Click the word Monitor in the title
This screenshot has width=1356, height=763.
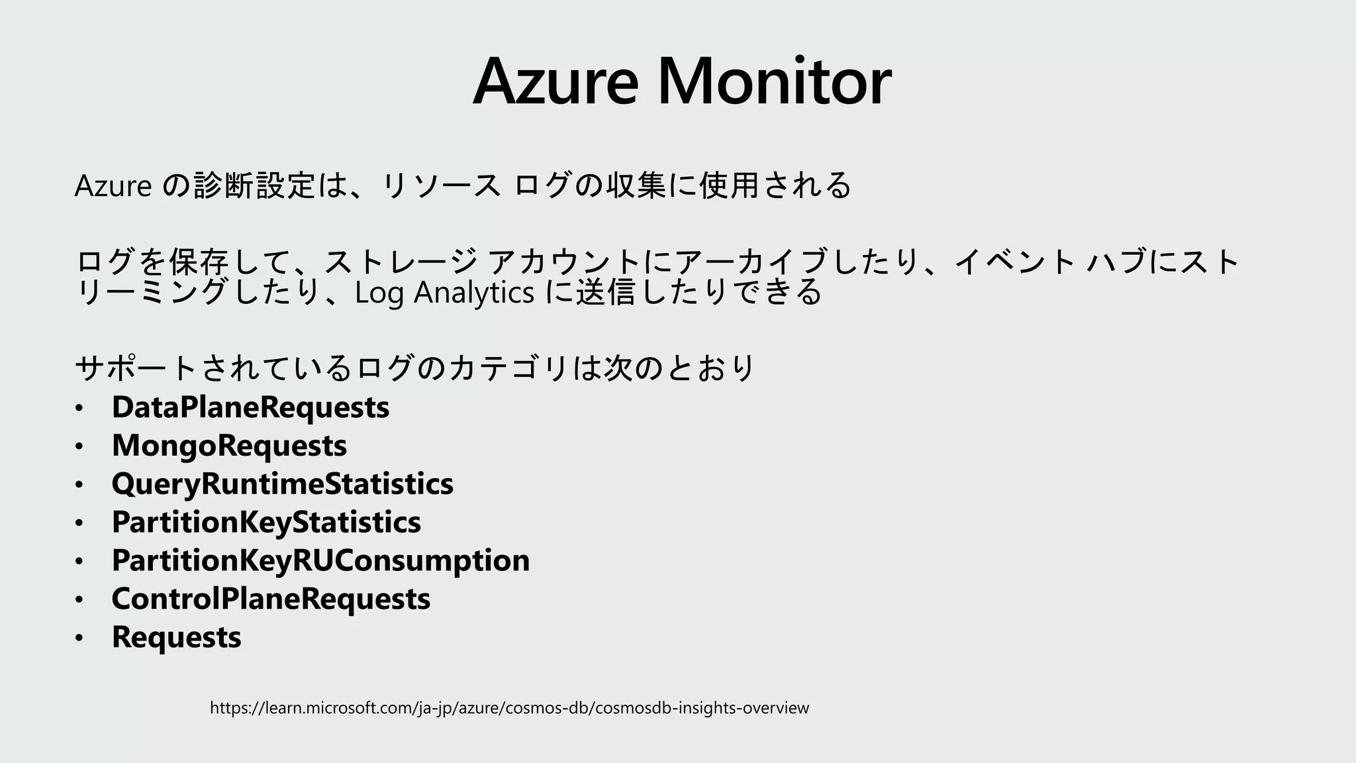pos(774,82)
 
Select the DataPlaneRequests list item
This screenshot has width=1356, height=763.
pos(250,407)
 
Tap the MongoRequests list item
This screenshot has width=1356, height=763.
pos(229,445)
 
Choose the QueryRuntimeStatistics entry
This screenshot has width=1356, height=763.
pos(282,483)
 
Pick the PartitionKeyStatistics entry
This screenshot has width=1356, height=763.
pos(266,522)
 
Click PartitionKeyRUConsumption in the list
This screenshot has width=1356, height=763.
pos(320,560)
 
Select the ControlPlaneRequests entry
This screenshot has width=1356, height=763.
pos(271,599)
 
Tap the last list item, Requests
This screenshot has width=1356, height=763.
pos(176,637)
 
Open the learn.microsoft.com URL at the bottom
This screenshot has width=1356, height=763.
pos(509,708)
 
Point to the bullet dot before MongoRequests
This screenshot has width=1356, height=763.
pos(79,447)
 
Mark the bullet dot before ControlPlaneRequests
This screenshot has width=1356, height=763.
pos(79,601)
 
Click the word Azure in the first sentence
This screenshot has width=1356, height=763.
pos(113,185)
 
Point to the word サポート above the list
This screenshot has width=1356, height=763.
pos(136,368)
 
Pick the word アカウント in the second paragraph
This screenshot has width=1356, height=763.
pos(564,262)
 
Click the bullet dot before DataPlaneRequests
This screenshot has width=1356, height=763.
pos(79,409)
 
